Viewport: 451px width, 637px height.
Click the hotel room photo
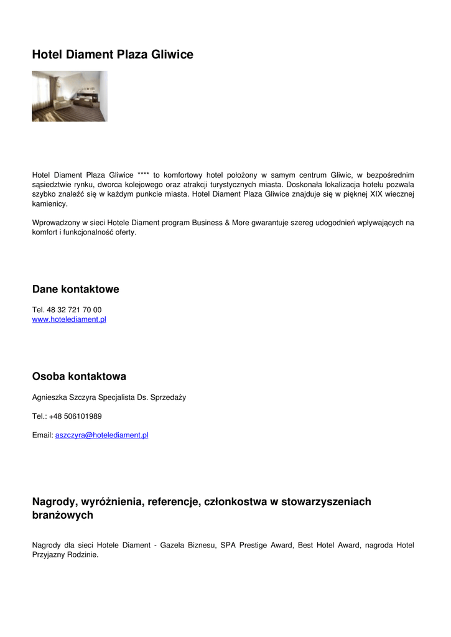pyautogui.click(x=69, y=96)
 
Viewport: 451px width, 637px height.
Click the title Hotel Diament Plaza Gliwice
pyautogui.click(x=113, y=55)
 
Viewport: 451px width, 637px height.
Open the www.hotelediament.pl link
pyautogui.click(x=69, y=319)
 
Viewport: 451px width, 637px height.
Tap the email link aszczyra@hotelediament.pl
pyautogui.click(x=101, y=435)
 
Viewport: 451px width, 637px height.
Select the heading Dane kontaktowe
pyautogui.click(x=75, y=289)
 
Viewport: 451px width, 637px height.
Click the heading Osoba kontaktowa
pyautogui.click(x=79, y=376)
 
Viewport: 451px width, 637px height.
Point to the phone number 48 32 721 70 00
pyautogui.click(x=74, y=310)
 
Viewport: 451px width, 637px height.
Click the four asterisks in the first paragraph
pyautogui.click(x=143, y=175)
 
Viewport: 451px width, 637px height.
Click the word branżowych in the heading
pyautogui.click(x=62, y=515)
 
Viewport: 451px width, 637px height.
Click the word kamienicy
pyautogui.click(x=50, y=203)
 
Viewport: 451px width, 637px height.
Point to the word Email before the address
pyautogui.click(x=42, y=435)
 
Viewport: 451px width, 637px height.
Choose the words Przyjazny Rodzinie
pyautogui.click(x=64, y=555)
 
